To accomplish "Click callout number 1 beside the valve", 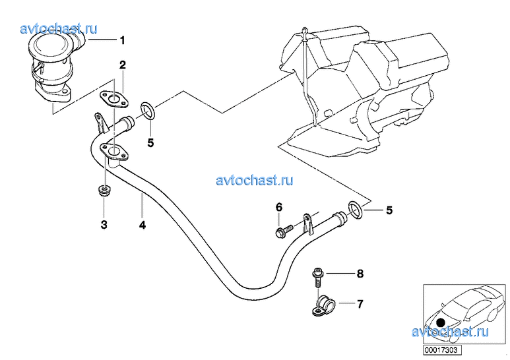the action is pyautogui.click(x=122, y=41).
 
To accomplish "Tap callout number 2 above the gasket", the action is pyautogui.click(x=122, y=65).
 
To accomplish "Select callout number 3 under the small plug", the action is pyautogui.click(x=104, y=224).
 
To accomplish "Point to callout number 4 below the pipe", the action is pyautogui.click(x=142, y=225).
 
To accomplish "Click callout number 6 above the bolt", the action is pyautogui.click(x=279, y=207).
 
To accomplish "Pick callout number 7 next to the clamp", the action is pyautogui.click(x=360, y=304).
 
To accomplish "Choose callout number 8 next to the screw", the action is pyautogui.click(x=360, y=274).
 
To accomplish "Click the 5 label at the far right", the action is pyautogui.click(x=389, y=210).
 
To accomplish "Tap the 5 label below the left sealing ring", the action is pyautogui.click(x=150, y=142).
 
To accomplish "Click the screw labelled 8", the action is pyautogui.click(x=317, y=276).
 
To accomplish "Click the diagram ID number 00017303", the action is pyautogui.click(x=442, y=350).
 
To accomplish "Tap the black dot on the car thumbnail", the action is pyautogui.click(x=441, y=322).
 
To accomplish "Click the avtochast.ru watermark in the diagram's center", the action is pyautogui.click(x=255, y=180).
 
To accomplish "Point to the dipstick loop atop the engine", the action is pyautogui.click(x=304, y=32).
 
